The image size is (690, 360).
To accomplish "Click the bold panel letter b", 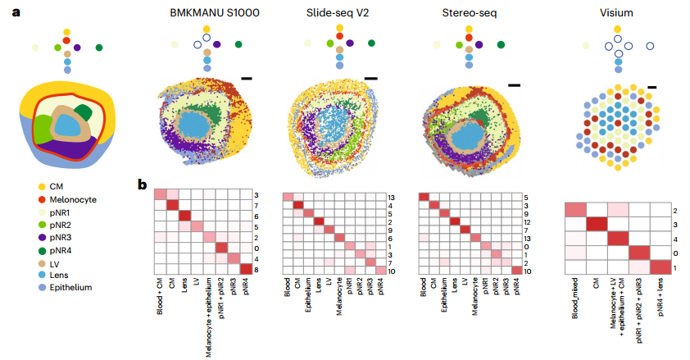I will coord(142,185).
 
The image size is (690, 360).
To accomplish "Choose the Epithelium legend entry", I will coord(69,287).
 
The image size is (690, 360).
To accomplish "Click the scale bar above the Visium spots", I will coord(653,86).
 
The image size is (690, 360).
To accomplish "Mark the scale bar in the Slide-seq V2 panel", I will coord(370,79).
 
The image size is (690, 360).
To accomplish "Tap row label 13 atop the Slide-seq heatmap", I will coord(391,198).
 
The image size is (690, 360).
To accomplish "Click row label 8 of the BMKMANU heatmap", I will coord(257,269).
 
